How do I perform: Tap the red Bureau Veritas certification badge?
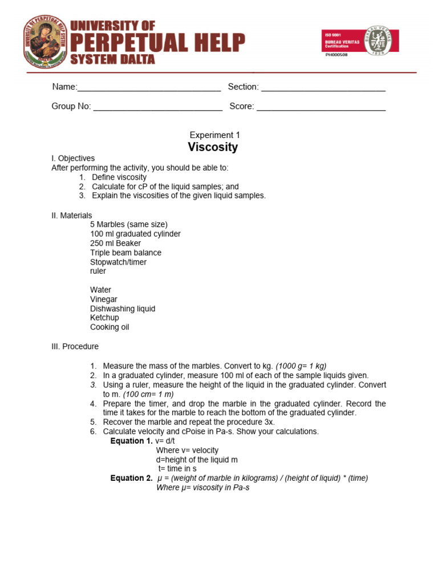tap(360, 40)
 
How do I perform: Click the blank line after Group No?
tap(157, 107)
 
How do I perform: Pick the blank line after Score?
tap(321, 107)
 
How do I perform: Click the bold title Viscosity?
tap(213, 147)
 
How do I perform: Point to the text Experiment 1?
tap(214, 135)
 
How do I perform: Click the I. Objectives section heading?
tap(73, 158)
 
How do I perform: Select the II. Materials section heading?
tap(71, 215)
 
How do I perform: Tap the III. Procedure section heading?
tap(75, 346)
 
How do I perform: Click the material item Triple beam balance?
tap(125, 253)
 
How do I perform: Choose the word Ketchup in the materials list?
tap(104, 318)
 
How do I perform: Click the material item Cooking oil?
tap(109, 327)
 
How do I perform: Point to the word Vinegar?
tap(103, 299)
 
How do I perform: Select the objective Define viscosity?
tap(119, 177)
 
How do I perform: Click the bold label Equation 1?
tap(131, 441)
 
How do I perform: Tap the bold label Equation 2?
tap(131, 478)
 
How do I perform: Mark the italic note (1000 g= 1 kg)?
tap(301, 366)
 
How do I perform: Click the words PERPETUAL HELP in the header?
tap(157, 42)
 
